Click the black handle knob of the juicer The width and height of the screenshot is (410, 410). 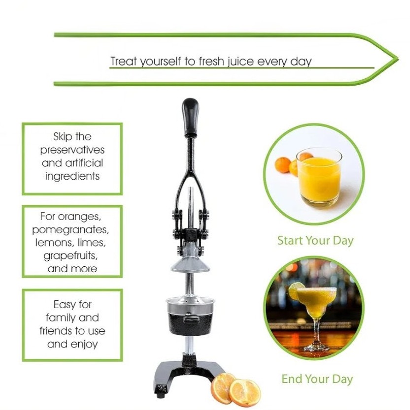pyautogui.click(x=190, y=117)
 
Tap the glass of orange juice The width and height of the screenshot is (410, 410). pyautogui.click(x=319, y=178)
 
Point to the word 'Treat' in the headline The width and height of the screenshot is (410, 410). pyautogui.click(x=124, y=62)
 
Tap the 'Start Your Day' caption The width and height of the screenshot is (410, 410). pyautogui.click(x=315, y=241)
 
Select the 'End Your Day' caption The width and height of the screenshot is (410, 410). pyautogui.click(x=317, y=379)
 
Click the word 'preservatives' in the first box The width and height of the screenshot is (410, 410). pyautogui.click(x=72, y=150)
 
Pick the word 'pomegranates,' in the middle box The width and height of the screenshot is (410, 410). pyautogui.click(x=70, y=229)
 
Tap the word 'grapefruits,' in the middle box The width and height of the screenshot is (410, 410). pyautogui.click(x=70, y=256)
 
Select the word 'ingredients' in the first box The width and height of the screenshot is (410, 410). pyautogui.click(x=72, y=176)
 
